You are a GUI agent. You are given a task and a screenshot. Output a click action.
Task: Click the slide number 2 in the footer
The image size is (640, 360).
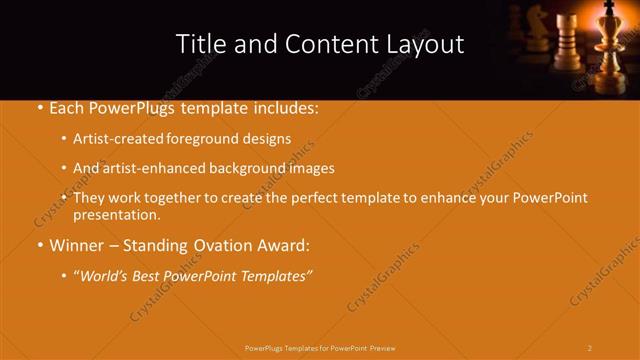pyautogui.click(x=589, y=347)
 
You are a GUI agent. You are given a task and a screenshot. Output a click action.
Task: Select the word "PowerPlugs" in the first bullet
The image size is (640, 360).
pyautogui.click(x=136, y=107)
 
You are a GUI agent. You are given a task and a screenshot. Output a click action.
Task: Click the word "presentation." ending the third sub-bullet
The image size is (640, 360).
pyautogui.click(x=116, y=214)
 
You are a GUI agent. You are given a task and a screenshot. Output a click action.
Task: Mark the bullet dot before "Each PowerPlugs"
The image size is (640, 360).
pyautogui.click(x=38, y=108)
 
